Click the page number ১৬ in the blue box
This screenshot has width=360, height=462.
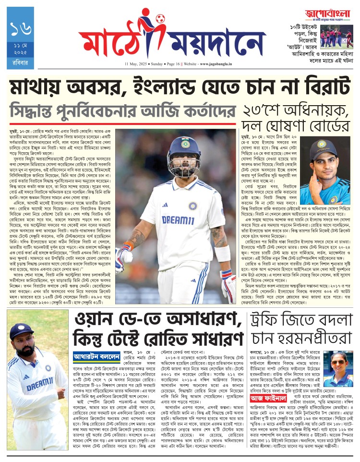[x=21, y=29]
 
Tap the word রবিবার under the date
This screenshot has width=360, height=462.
[x=21, y=62]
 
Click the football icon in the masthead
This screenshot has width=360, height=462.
[x=159, y=19]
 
